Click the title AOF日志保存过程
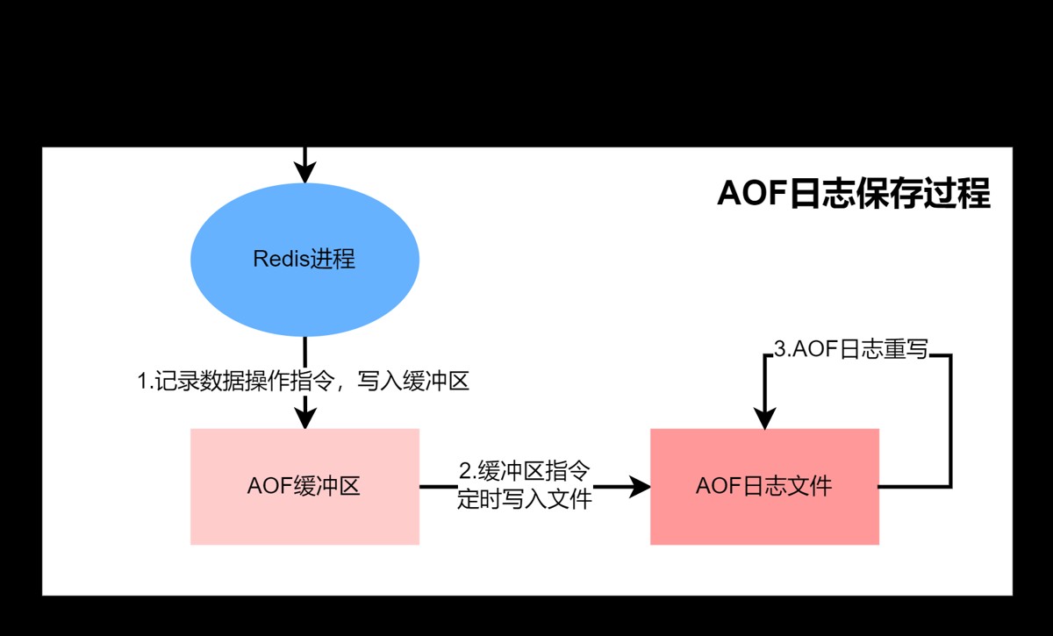point(853,194)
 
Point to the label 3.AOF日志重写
point(850,349)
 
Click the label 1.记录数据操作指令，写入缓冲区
point(304,382)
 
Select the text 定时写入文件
point(525,499)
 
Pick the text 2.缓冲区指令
point(525,471)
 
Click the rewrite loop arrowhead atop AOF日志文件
point(765,418)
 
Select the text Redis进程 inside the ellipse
point(304,260)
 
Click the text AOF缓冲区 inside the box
point(304,486)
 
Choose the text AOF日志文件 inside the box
point(763,486)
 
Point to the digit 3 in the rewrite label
point(779,349)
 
